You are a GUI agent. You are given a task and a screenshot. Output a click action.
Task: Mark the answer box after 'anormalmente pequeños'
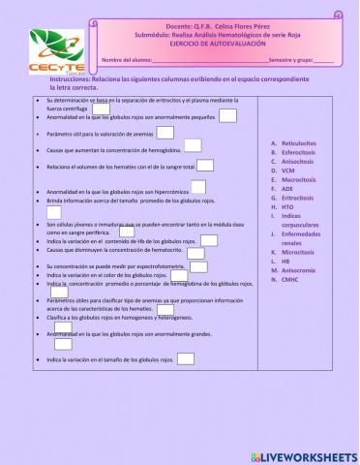click(228, 116)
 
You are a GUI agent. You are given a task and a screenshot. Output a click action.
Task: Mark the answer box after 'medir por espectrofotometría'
click(198, 266)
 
